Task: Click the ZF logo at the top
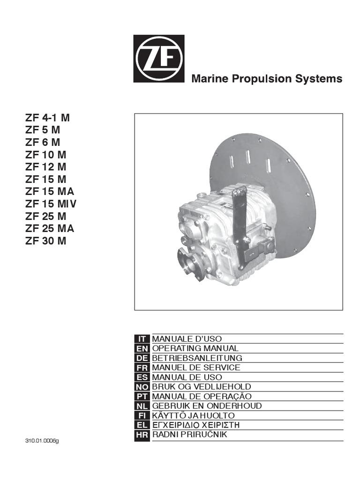[159, 59]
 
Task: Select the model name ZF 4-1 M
[47, 118]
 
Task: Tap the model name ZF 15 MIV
[51, 204]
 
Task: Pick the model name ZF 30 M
[45, 241]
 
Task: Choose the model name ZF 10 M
[45, 155]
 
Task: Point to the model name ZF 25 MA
[50, 229]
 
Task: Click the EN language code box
[142, 348]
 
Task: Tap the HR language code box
[142, 435]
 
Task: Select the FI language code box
[142, 415]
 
